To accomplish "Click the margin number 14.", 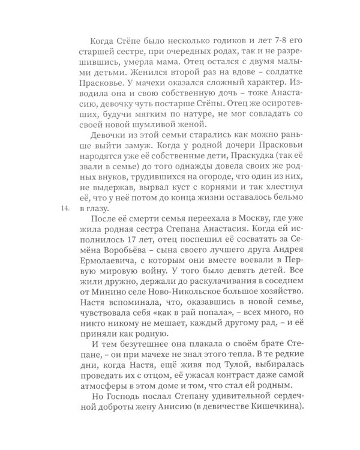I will [x=65, y=209].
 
